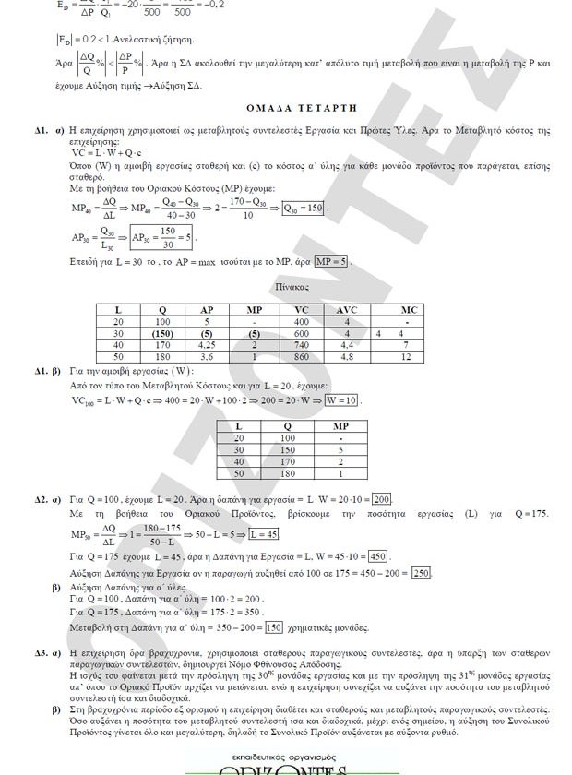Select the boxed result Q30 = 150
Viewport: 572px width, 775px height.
(x=304, y=209)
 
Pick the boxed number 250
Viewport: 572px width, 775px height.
(x=421, y=573)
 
